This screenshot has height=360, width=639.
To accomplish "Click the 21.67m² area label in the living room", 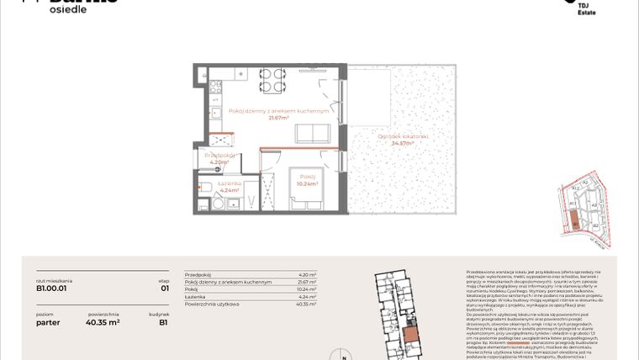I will coord(278,119).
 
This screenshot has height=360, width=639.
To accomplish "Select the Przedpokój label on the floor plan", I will coord(219,156).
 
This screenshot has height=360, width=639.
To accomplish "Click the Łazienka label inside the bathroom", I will coord(230,183).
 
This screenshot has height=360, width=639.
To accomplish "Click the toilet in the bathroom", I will coord(205,187).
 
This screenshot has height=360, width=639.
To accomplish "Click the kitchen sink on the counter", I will coord(215,112).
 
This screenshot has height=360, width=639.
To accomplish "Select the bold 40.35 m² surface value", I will coord(103,320).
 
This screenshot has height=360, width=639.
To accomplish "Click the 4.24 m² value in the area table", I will coord(308,297).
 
